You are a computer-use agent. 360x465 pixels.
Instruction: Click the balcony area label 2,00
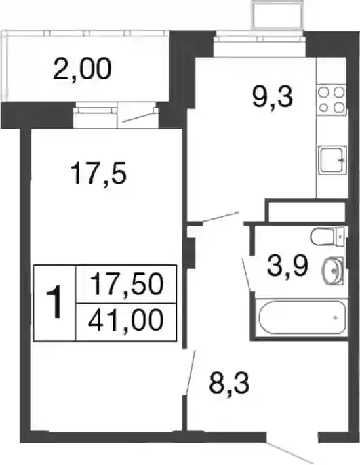(83, 69)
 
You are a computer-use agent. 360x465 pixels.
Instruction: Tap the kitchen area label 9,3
(273, 98)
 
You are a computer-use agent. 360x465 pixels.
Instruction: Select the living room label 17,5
(99, 174)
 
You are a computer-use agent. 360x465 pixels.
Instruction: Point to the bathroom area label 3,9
(287, 266)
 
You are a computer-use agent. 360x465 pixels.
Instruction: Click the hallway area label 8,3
(229, 383)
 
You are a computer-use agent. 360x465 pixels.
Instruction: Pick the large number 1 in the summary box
(54, 302)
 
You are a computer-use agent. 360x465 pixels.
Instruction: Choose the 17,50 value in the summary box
(126, 284)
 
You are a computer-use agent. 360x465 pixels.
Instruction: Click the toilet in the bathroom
(327, 237)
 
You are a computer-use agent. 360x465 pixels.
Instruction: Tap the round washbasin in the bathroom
(333, 270)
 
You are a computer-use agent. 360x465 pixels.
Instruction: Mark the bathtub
(302, 317)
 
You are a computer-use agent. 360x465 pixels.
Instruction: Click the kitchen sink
(332, 160)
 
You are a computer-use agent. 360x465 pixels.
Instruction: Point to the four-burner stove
(332, 100)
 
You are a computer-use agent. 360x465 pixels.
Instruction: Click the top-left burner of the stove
(324, 93)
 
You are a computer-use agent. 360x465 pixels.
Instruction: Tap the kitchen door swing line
(220, 217)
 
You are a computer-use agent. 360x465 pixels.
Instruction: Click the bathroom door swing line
(247, 275)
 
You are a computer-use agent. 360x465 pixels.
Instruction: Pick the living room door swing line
(191, 373)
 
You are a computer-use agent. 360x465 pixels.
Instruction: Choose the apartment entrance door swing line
(289, 453)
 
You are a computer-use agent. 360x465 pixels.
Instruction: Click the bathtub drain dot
(335, 318)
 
